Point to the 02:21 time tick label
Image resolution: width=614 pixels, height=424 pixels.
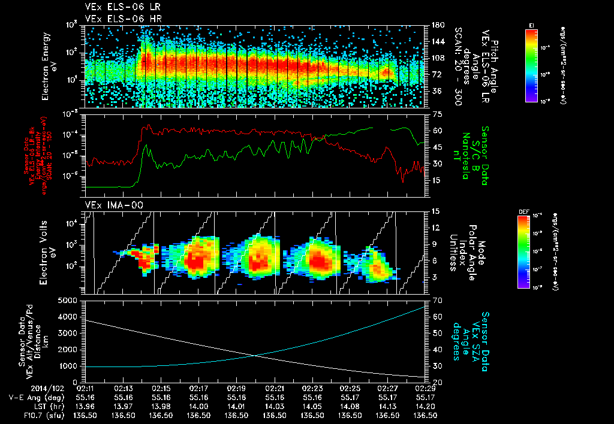274,388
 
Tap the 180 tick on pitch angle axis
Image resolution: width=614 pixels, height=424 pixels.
437,25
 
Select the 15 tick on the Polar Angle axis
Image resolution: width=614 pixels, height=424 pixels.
436,211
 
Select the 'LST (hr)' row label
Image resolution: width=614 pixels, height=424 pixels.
46,405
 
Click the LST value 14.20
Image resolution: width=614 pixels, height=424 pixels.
425,405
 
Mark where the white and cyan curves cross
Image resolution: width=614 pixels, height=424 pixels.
255,356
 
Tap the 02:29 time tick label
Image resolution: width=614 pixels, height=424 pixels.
425,388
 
